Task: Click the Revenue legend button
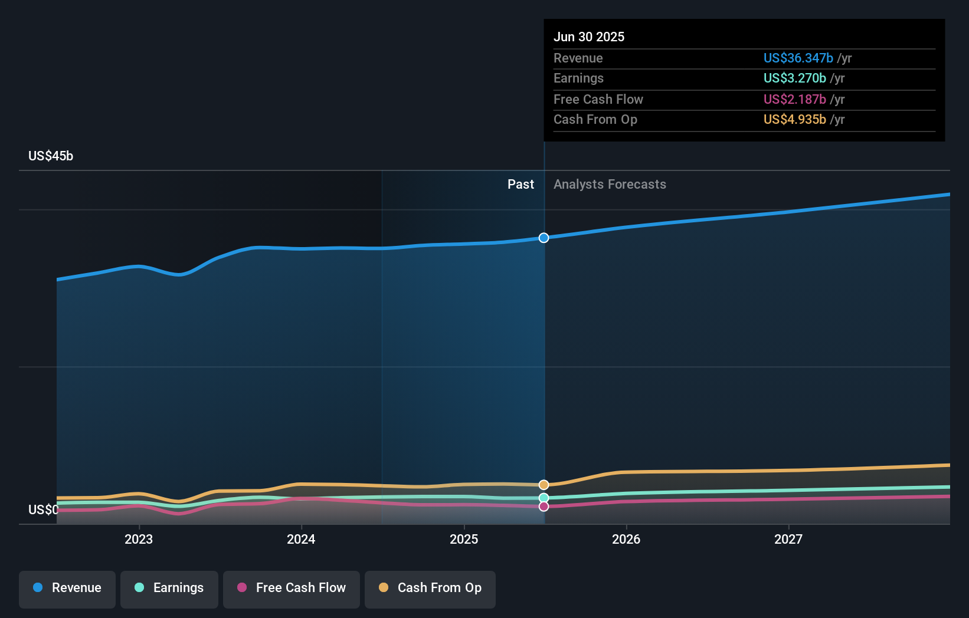(67, 588)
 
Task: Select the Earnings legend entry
(169, 588)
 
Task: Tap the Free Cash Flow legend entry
(292, 588)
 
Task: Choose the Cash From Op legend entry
(430, 588)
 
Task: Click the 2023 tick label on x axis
(139, 539)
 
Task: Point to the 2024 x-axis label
(301, 539)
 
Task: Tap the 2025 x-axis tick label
(464, 539)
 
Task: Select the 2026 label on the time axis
(626, 539)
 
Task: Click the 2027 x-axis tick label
(788, 539)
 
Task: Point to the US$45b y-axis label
(51, 156)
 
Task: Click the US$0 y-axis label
(43, 509)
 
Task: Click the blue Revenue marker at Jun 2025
(544, 238)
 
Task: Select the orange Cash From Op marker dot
(544, 485)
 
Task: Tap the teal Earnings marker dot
(544, 498)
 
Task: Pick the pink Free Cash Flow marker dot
(544, 507)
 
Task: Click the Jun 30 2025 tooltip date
(588, 37)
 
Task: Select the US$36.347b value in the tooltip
(798, 58)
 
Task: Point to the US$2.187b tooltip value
(794, 99)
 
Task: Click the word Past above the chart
(520, 184)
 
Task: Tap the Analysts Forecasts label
(610, 184)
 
